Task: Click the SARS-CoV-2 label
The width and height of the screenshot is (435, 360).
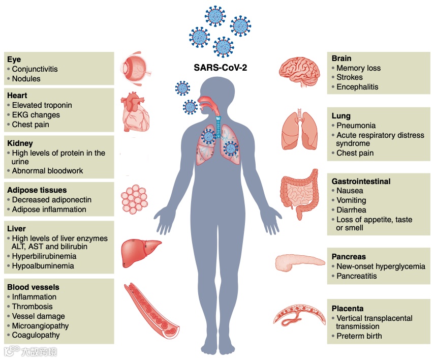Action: tap(220, 67)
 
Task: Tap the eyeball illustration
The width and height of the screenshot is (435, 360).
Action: tap(135, 68)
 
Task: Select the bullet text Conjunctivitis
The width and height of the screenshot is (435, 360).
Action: tap(35, 69)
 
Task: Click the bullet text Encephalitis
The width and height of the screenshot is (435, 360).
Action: tap(357, 87)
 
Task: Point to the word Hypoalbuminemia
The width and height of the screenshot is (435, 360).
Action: tap(43, 266)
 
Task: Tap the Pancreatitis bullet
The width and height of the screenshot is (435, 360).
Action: tap(356, 276)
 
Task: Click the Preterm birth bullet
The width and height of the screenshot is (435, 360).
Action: tap(359, 336)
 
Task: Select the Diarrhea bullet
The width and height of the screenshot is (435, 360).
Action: tap(351, 210)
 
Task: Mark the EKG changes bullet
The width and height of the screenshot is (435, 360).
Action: tap(36, 115)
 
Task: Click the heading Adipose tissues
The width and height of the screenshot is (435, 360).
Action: tap(37, 190)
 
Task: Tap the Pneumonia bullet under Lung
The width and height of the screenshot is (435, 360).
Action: tap(356, 126)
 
